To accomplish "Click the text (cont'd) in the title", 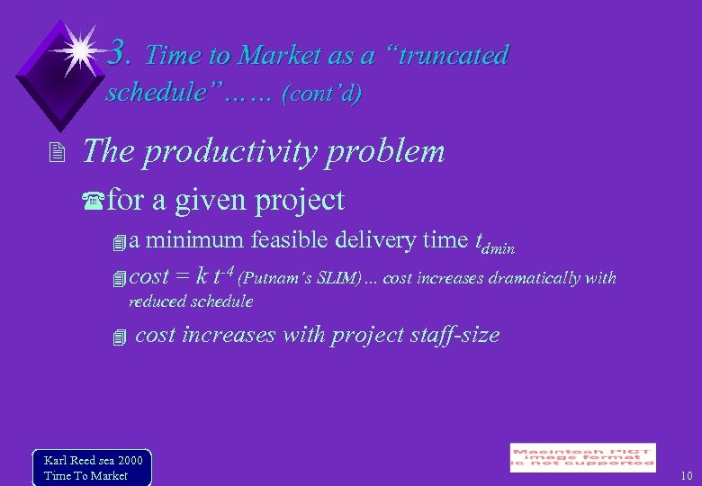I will (321, 94).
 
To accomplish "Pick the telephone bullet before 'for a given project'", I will (96, 201).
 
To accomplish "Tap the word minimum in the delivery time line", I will (194, 240).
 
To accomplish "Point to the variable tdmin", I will (493, 243).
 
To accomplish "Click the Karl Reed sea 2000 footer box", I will (92, 467).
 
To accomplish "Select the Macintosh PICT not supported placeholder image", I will (582, 457).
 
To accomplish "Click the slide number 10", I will (687, 475).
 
